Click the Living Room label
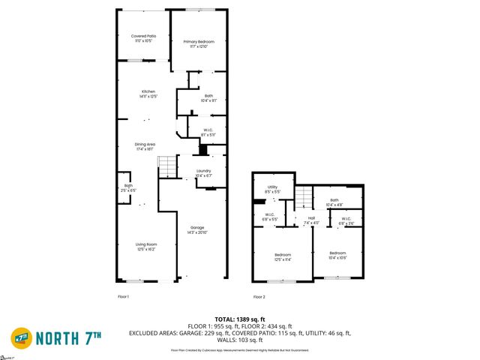145,247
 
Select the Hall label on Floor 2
310,220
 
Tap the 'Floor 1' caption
124,298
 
